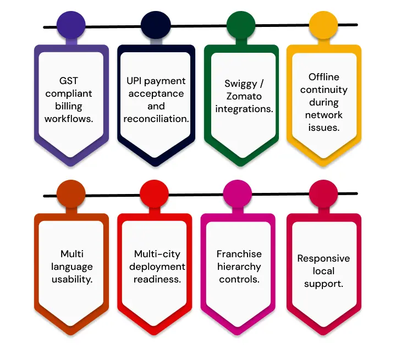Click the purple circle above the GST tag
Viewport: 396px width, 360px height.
pyautogui.click(x=71, y=25)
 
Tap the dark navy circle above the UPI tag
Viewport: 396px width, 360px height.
pyautogui.click(x=156, y=25)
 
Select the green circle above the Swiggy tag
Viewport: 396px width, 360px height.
pyautogui.click(x=241, y=25)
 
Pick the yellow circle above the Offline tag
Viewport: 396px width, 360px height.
pyautogui.click(x=323, y=25)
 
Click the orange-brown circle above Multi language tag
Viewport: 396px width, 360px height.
pyautogui.click(x=71, y=194)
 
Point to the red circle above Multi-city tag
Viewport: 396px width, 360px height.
pyautogui.click(x=154, y=194)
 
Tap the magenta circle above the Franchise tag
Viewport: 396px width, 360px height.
pyautogui.click(x=238, y=194)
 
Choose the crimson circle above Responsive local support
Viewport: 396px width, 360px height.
pyautogui.click(x=323, y=194)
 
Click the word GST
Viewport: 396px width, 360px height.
pyautogui.click(x=69, y=81)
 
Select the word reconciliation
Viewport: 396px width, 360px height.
pyautogui.click(x=156, y=119)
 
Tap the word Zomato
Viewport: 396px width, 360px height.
pyautogui.click(x=244, y=96)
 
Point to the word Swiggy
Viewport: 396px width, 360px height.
pyautogui.click(x=240, y=84)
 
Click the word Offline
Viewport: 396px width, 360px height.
pyautogui.click(x=324, y=77)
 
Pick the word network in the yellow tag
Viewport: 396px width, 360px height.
pyautogui.click(x=324, y=115)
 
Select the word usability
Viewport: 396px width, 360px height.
pyautogui.click(x=72, y=280)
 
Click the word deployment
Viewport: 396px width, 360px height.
pyautogui.click(x=157, y=267)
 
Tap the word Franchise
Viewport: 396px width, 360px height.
pyautogui.click(x=239, y=254)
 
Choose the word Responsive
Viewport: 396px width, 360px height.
pyautogui.click(x=323, y=259)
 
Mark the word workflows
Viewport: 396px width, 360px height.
pyautogui.click(x=69, y=119)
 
